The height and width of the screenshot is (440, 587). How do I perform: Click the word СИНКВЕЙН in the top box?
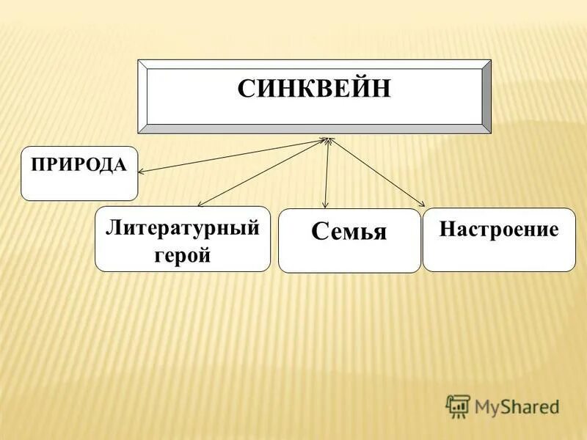[x=314, y=90]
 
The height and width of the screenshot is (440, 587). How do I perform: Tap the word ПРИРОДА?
[x=79, y=164]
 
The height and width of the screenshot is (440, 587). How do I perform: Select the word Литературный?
[x=183, y=228]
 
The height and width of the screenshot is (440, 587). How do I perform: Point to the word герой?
[x=183, y=255]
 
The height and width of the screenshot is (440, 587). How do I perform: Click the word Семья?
[x=349, y=232]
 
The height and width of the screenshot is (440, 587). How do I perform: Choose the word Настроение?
[x=499, y=230]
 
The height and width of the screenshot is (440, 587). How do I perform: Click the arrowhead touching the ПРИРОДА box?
[x=141, y=172]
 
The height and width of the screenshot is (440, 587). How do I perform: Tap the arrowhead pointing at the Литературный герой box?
[x=200, y=205]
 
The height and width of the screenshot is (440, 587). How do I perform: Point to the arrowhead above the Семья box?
[x=325, y=205]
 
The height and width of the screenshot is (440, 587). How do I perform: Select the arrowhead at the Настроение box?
[x=423, y=205]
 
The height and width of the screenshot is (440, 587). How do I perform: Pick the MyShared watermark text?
[x=517, y=406]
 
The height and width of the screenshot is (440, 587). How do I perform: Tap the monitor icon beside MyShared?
[x=458, y=406]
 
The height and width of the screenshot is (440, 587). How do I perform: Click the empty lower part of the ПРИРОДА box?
[x=79, y=186]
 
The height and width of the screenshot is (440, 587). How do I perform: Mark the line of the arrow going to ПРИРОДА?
[x=235, y=155]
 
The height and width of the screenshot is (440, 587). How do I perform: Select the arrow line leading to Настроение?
[x=376, y=172]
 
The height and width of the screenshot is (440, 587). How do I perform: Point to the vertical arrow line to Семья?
[x=327, y=172]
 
